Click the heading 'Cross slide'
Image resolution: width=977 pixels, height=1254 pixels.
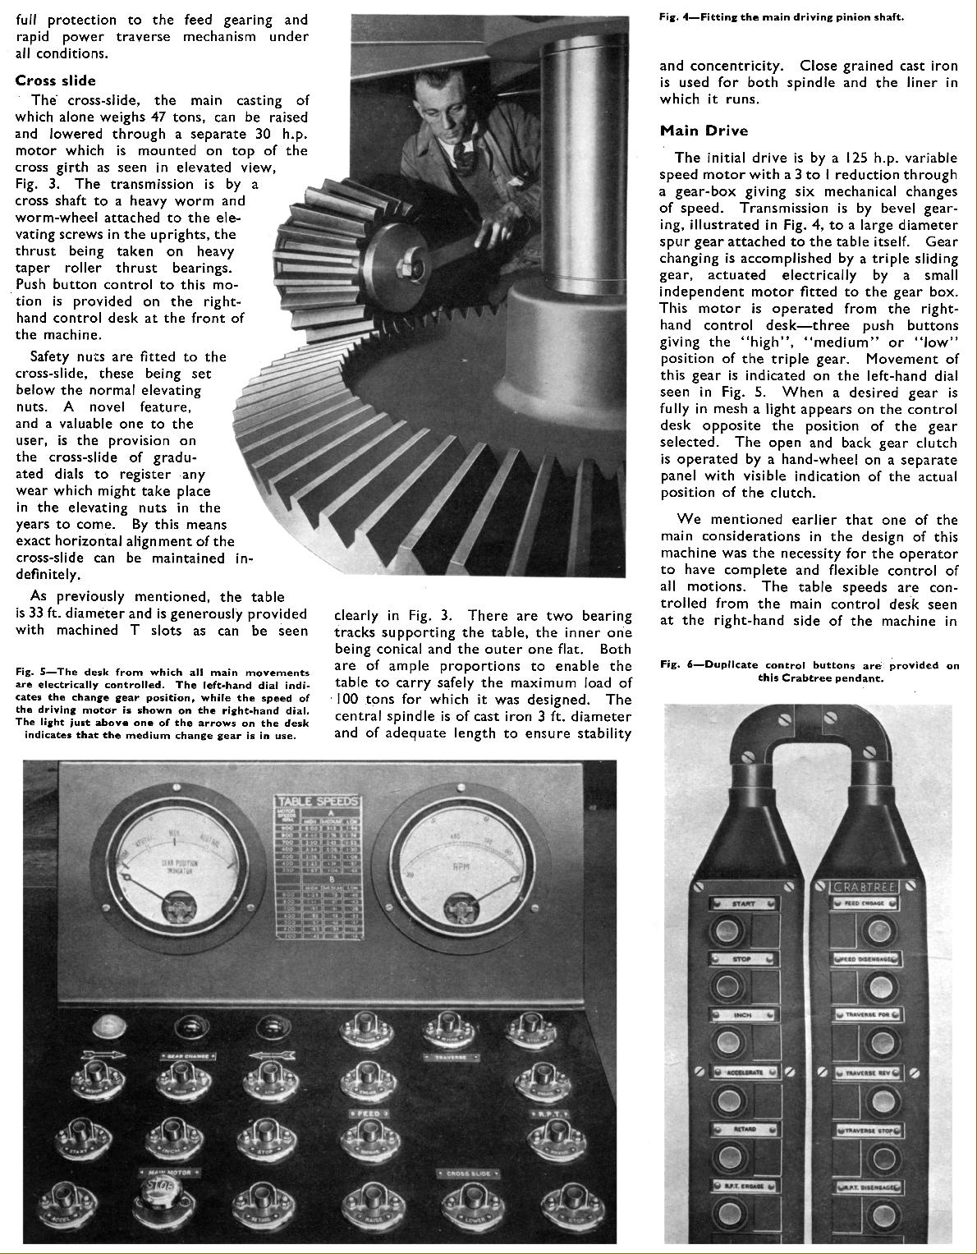[x=55, y=80]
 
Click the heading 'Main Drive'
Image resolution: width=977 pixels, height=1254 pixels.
[x=704, y=131]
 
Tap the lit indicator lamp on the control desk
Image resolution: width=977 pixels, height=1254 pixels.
[x=105, y=1026]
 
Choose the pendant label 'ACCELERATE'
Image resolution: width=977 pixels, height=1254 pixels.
[x=742, y=1073]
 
